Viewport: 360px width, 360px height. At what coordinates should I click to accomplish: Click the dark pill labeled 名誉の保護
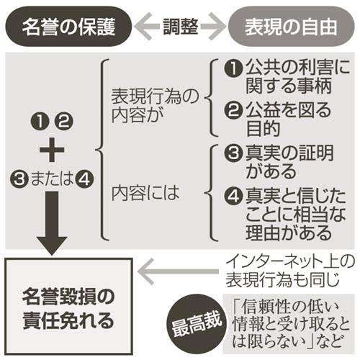[68, 26]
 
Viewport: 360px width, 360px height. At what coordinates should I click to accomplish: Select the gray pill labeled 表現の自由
[291, 26]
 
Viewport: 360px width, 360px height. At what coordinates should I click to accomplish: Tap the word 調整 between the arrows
[181, 27]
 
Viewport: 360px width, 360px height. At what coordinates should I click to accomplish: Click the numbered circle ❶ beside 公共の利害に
[233, 68]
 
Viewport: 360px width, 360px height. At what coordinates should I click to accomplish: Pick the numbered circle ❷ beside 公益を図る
[233, 111]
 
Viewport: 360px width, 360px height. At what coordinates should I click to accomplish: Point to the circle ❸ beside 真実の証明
[233, 153]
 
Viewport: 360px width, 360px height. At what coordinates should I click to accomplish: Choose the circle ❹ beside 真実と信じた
[233, 196]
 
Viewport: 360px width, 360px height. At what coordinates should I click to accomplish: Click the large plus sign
[52, 150]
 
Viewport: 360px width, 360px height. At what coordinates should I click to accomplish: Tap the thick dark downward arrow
[52, 223]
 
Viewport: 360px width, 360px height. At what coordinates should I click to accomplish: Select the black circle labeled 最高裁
[197, 325]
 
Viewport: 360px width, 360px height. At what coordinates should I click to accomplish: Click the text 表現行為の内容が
[155, 106]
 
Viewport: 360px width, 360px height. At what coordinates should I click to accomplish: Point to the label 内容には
[145, 193]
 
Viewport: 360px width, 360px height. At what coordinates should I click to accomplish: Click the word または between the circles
[52, 179]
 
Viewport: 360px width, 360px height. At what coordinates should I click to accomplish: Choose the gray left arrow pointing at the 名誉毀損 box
[178, 271]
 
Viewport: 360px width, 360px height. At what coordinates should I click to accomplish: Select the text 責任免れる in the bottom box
[68, 320]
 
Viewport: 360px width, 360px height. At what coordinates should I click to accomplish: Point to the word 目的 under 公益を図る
[263, 129]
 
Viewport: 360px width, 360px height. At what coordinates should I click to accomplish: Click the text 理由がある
[289, 233]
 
